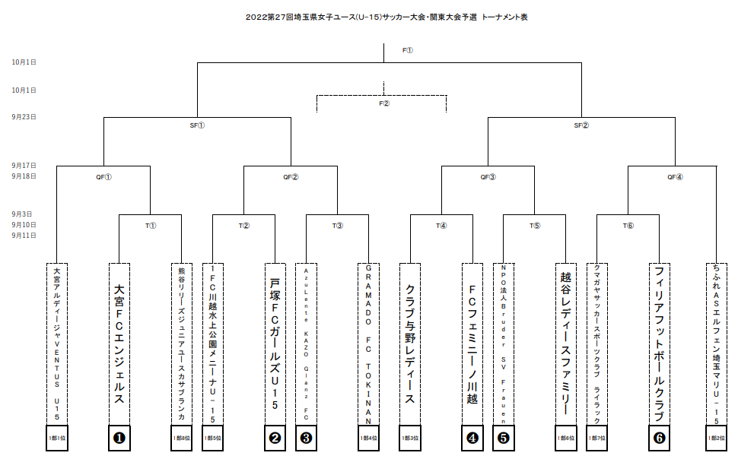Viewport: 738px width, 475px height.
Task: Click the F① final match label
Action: coord(408,51)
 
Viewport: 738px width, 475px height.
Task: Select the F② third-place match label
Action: coord(384,103)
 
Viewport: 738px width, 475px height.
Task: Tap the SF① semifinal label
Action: coord(197,125)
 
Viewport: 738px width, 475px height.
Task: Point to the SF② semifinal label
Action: coord(581,125)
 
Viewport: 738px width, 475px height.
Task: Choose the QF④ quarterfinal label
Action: coord(675,177)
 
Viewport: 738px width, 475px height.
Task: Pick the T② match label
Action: coord(244,226)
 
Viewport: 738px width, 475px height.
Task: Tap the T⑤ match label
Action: coord(535,226)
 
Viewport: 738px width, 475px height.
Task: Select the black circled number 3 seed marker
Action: coord(306,438)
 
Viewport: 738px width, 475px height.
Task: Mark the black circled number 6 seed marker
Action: coord(659,438)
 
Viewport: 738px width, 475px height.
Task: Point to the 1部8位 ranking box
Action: coord(181,438)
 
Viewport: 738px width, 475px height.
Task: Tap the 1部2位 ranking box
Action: coord(716,438)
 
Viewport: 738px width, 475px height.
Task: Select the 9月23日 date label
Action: coord(24,117)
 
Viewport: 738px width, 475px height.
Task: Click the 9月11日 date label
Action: coord(24,236)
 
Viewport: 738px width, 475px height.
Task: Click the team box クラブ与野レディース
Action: coord(409,344)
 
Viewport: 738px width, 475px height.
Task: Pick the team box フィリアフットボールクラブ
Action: coord(659,344)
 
